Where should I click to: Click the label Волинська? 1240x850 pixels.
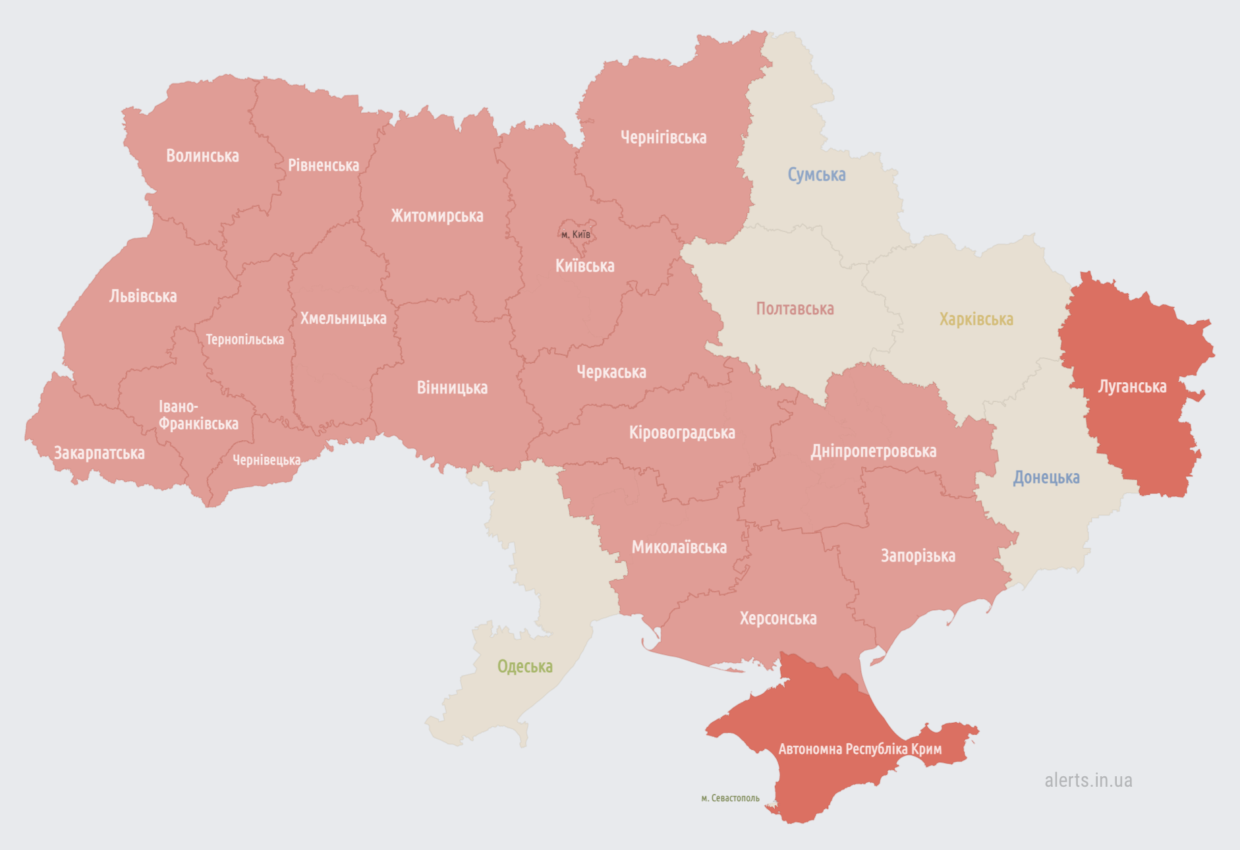(202, 156)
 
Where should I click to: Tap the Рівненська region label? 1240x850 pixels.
(324, 165)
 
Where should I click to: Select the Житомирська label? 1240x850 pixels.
(437, 216)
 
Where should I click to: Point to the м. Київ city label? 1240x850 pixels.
(575, 235)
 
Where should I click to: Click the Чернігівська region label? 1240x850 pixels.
(663, 138)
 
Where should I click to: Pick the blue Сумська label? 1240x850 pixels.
(816, 175)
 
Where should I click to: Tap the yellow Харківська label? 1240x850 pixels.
(976, 320)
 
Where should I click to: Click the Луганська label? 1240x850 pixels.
(1132, 387)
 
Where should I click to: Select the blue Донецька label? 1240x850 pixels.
(1046, 478)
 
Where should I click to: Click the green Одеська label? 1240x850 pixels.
(524, 666)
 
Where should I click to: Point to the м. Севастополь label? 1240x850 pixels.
(730, 798)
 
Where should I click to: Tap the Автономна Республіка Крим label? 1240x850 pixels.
(860, 749)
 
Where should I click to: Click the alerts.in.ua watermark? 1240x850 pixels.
(1088, 780)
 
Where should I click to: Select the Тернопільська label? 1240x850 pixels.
(244, 340)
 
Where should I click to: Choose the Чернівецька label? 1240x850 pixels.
(266, 460)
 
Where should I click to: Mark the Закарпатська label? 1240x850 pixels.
(99, 453)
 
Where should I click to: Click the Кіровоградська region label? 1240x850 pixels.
(682, 433)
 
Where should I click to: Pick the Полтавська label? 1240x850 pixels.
(795, 309)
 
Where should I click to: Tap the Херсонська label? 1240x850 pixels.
(777, 619)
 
